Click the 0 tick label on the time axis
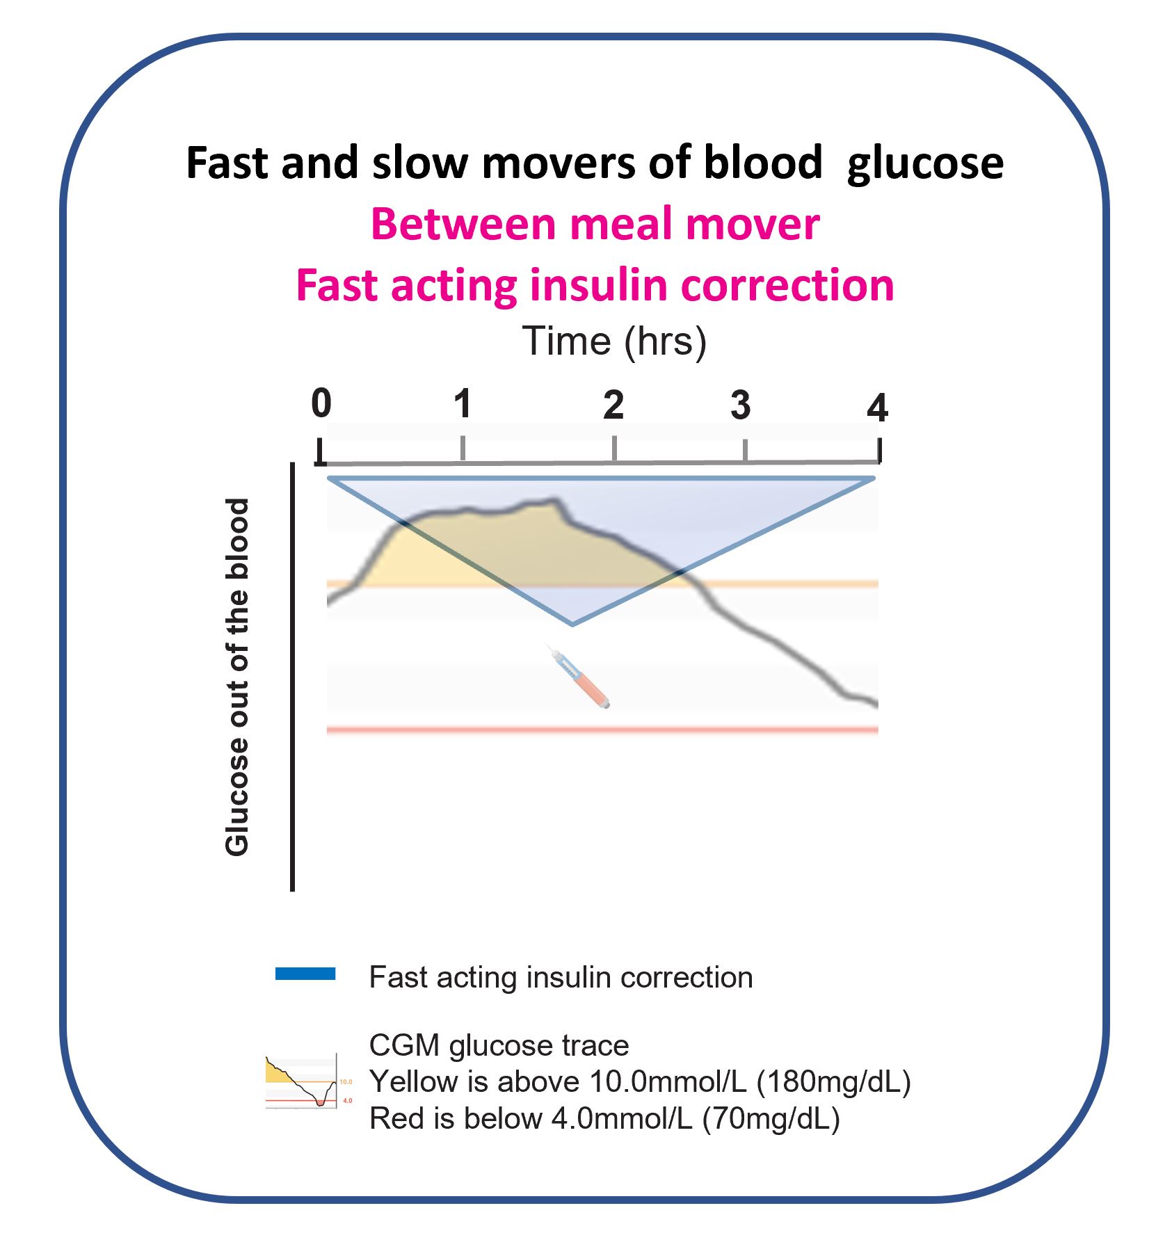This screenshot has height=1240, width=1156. point(321,404)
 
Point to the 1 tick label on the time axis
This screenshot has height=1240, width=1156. point(463,404)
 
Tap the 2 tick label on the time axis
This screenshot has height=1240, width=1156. point(613,405)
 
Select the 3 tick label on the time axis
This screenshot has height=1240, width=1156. point(740,405)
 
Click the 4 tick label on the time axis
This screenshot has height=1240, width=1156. point(877,409)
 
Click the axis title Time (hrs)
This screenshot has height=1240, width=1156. point(614,341)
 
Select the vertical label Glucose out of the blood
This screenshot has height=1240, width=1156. point(237,677)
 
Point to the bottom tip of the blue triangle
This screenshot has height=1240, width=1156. point(572,624)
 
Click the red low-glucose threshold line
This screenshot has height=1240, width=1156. point(602,730)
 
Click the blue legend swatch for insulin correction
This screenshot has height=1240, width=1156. point(305,974)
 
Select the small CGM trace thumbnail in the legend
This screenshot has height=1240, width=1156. point(301,1081)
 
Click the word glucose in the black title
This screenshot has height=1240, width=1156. point(925,163)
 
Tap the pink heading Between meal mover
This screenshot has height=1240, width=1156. point(595,225)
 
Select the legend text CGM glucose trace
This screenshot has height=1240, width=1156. point(499,1045)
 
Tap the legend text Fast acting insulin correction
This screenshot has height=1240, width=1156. point(561,977)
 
